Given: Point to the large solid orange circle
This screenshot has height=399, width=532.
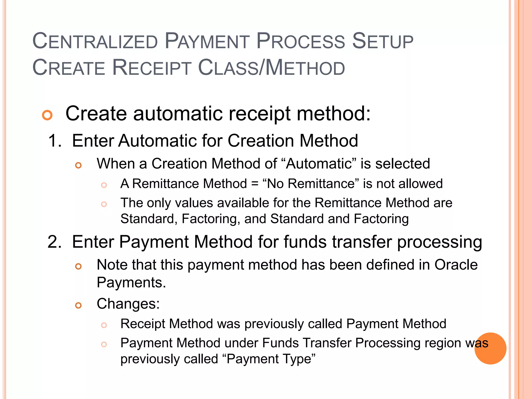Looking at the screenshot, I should coord(490,348).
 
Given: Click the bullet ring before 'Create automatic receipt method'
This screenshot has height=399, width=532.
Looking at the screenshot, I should coord(47,115).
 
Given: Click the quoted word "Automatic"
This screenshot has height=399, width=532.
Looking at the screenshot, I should coord(319,164).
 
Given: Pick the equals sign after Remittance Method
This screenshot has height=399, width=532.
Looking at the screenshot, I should coord(255,184).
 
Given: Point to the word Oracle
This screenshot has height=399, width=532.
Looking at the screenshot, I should coord(456,265).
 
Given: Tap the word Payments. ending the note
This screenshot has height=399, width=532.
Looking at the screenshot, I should coord(131,283).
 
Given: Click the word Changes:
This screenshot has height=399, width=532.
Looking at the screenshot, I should coord(128,304).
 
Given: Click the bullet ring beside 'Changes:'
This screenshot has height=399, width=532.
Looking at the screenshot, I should coord(78,305).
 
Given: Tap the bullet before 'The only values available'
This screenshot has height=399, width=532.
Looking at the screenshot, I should coord(104,204).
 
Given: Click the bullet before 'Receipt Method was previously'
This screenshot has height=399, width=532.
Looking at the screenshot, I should coord(104,325).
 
